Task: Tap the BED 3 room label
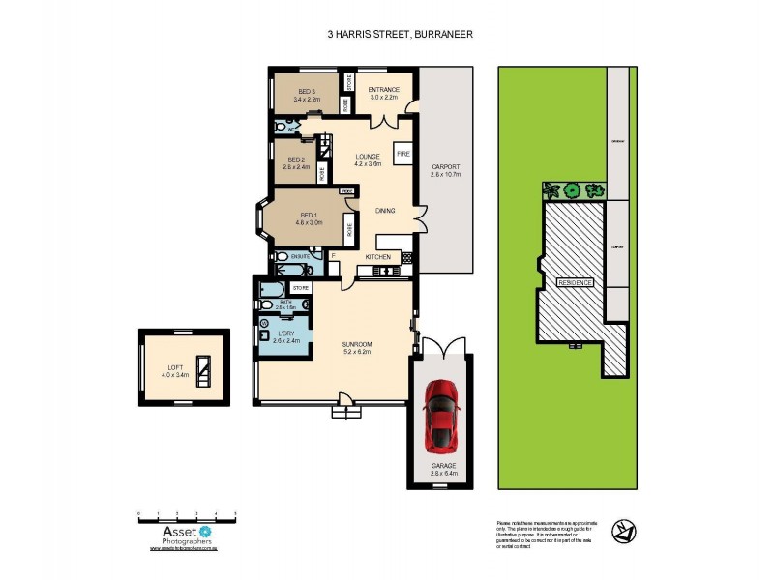[306, 94]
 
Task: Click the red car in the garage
[442, 412]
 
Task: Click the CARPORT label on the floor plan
[445, 170]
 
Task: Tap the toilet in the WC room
[280, 127]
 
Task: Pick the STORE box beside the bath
[300, 288]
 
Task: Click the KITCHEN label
[377, 257]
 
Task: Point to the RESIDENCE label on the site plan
[577, 282]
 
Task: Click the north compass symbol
[624, 531]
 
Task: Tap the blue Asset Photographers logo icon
[205, 531]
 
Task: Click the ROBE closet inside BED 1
[348, 230]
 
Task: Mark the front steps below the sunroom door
[343, 412]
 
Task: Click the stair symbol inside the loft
[204, 370]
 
